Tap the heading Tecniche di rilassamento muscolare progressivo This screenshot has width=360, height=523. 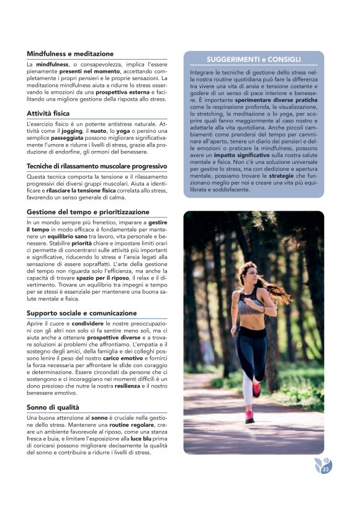96,166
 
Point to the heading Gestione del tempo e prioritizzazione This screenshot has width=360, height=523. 88,212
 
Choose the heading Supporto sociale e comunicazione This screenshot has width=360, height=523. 82,313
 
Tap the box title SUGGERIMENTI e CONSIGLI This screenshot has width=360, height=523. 253,60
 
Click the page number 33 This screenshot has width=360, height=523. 325,469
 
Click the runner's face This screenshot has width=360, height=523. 247,273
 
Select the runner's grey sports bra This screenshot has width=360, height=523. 248,305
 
